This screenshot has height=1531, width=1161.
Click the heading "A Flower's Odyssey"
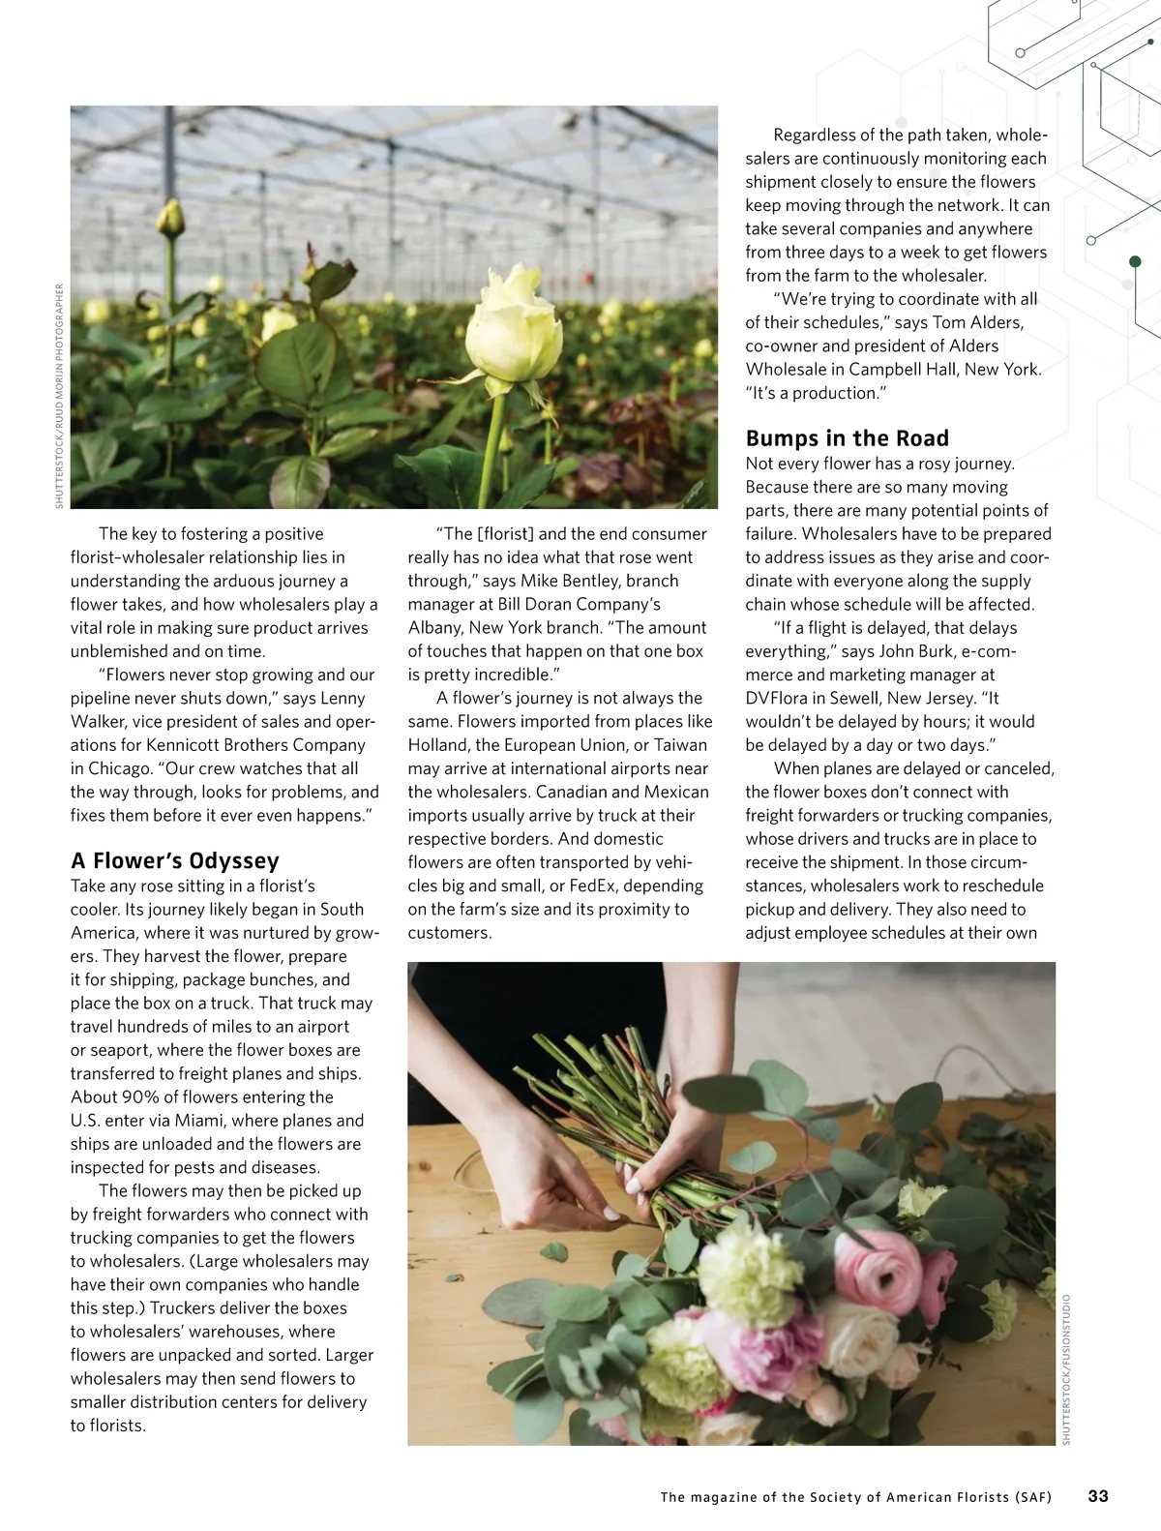175,860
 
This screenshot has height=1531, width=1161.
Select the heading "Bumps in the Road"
847,438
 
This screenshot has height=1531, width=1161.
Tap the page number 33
1098,1495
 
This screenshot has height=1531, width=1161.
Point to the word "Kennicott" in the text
186,744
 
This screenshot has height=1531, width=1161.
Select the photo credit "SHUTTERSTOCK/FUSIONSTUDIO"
1066,1369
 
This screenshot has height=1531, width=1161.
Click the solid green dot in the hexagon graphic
1135,261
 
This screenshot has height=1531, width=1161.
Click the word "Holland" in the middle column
438,744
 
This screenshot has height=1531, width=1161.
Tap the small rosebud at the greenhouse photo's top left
172,220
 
